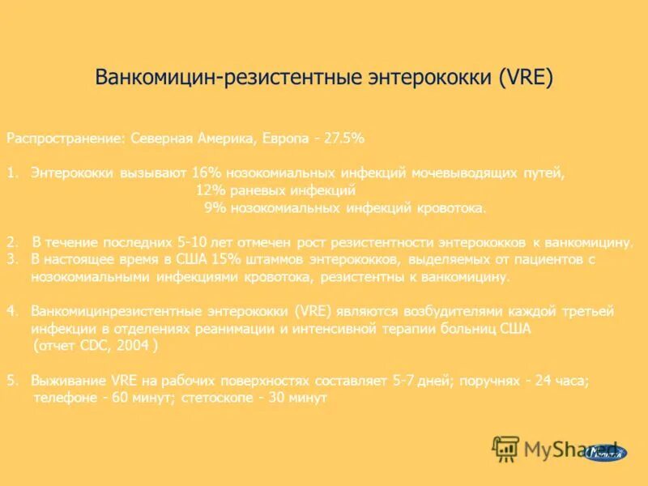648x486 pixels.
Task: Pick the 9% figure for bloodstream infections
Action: [214, 208]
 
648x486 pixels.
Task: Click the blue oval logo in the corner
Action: [606, 452]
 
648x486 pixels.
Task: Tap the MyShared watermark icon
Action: [506, 449]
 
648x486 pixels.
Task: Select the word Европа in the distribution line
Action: [284, 139]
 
